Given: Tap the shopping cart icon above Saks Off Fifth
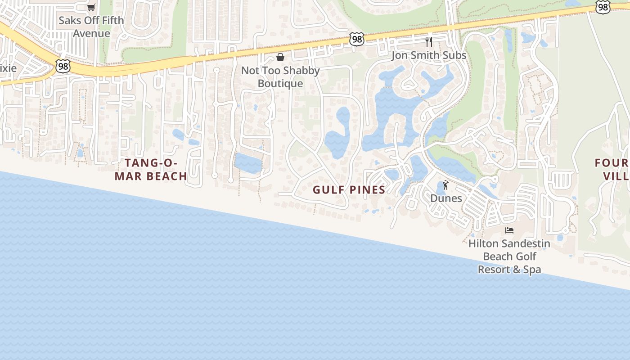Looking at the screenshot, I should point(91,7).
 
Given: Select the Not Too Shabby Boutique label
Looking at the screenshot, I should point(280,77).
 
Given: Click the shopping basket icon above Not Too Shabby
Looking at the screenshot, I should point(280,57).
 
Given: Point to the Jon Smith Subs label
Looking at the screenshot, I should point(429,55).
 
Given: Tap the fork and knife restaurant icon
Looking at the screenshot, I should point(429,42).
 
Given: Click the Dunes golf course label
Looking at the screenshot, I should point(446,198).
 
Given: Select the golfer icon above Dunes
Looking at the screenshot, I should point(445,185).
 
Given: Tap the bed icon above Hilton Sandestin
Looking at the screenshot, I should point(509,230).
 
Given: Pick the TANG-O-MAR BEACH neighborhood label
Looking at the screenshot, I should point(151,169).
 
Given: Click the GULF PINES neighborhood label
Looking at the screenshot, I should point(349,190).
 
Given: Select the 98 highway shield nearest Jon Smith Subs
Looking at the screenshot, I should point(356,39).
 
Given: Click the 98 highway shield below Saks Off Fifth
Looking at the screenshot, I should point(63,66).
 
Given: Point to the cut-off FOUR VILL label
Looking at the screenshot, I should point(612,169).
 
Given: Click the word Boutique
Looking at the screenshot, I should point(280,84).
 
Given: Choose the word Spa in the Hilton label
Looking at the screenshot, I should point(532,270).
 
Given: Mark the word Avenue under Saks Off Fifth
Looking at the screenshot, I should point(91,33).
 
